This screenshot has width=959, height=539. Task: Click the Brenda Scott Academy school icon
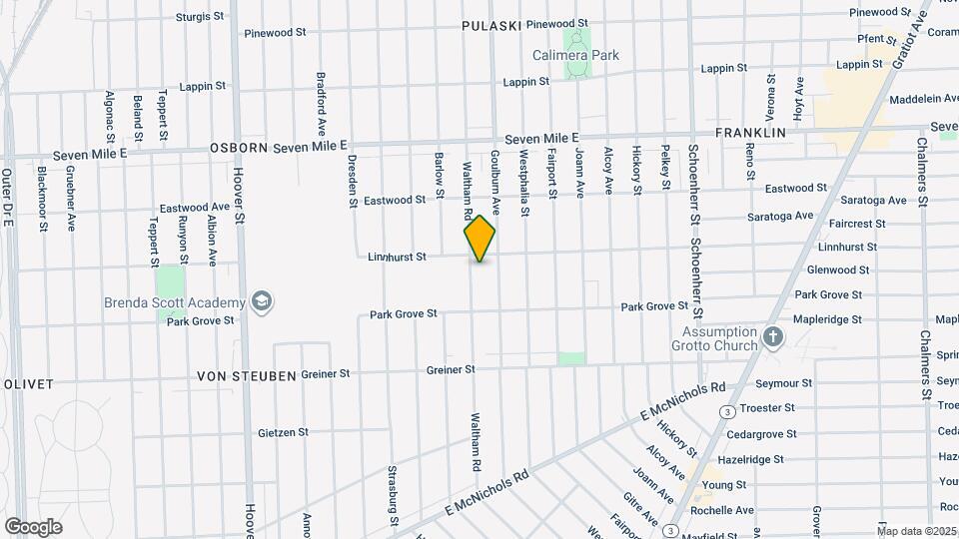click(262, 302)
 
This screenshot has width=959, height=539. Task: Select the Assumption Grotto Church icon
click(772, 337)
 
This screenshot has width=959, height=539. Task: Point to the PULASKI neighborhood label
click(487, 25)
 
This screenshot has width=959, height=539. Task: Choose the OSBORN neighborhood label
click(240, 148)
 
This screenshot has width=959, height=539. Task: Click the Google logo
click(32, 527)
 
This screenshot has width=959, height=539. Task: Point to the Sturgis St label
click(200, 17)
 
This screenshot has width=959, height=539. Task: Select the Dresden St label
click(352, 181)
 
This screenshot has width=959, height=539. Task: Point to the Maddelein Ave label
click(900, 100)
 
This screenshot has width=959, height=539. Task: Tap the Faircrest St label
click(857, 225)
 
